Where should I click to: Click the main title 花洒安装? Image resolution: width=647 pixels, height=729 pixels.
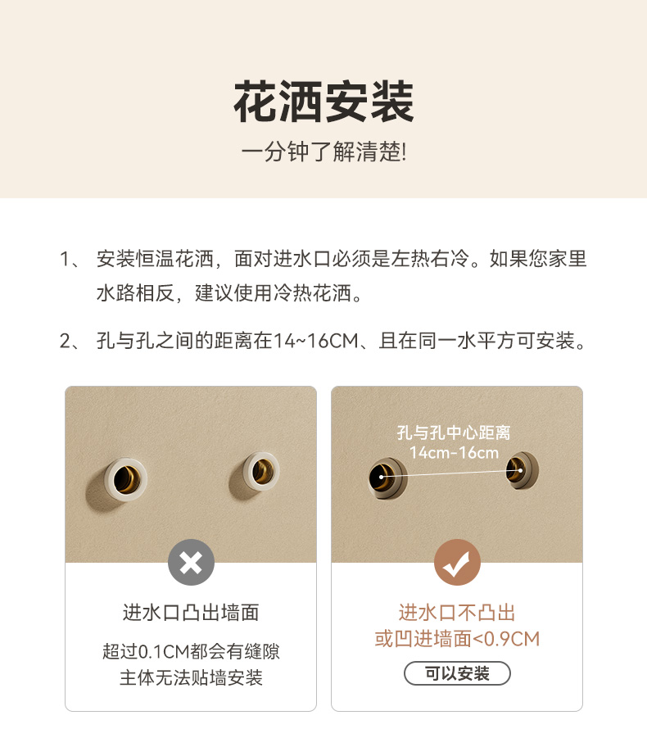pos(324,102)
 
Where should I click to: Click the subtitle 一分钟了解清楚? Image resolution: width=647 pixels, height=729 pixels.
pos(324,152)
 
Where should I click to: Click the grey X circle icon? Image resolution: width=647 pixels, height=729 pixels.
pos(191,562)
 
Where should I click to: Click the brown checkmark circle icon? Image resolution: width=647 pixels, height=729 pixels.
pos(457,562)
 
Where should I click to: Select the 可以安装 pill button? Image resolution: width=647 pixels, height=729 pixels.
pos(457,673)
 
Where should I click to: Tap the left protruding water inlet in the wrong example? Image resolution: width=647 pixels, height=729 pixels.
pos(125,479)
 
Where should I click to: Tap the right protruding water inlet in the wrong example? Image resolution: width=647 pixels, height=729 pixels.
pos(261,472)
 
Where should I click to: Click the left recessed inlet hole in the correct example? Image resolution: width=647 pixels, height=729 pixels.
pos(387,478)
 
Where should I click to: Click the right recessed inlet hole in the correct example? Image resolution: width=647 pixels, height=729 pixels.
pos(522,470)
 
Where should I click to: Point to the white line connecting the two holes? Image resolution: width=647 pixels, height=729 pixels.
pos(451,473)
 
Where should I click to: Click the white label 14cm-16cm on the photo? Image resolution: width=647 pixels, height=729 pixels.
pos(454,452)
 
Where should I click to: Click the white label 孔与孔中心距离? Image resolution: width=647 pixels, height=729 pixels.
pos(454,432)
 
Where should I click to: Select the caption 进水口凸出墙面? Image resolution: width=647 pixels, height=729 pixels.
pos(191,613)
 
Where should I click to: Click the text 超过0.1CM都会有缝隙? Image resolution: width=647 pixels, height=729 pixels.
pos(191,651)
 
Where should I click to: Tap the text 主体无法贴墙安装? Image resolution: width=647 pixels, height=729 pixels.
pos(191,677)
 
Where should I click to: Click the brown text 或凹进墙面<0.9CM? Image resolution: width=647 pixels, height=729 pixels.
pos(457,638)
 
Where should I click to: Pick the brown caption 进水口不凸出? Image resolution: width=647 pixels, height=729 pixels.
pos(457,613)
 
